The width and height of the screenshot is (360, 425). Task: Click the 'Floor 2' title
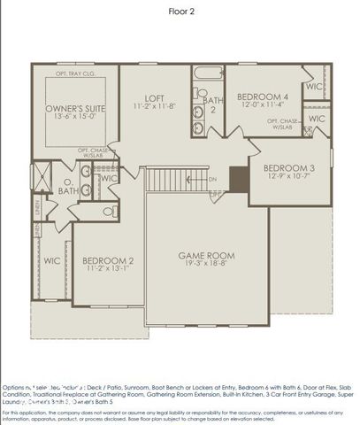pyautogui.click(x=180, y=12)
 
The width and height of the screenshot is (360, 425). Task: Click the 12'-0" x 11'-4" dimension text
pyautogui.click(x=263, y=104)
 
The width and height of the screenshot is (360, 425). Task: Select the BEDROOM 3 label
pyautogui.click(x=289, y=167)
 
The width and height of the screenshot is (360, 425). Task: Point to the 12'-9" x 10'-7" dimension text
pyautogui.click(x=289, y=177)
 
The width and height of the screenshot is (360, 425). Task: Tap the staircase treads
pyautogui.click(x=172, y=179)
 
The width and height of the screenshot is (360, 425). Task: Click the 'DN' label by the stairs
pyautogui.click(x=212, y=180)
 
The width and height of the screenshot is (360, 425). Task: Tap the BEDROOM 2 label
pyautogui.click(x=108, y=260)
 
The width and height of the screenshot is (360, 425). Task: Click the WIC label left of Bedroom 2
pyautogui.click(x=51, y=261)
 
